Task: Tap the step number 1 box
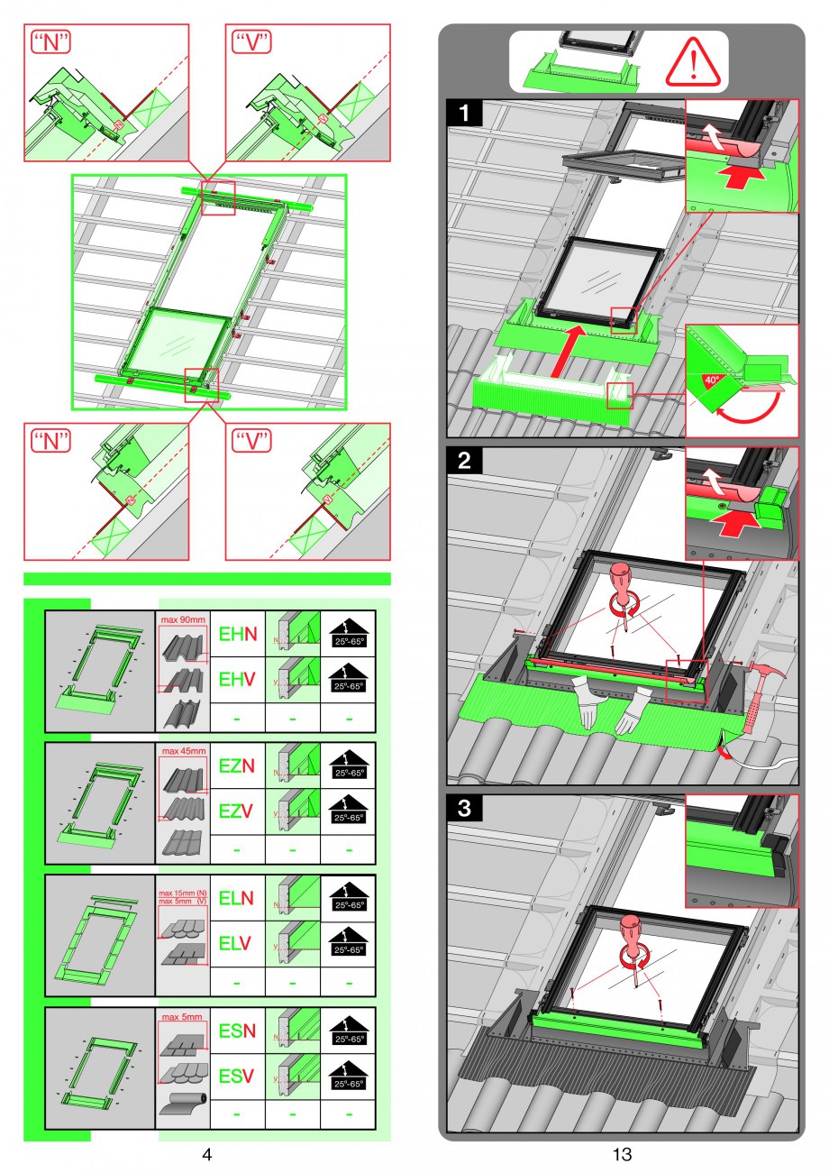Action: pyautogui.click(x=465, y=114)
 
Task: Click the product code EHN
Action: pyautogui.click(x=237, y=635)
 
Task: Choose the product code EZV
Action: pyautogui.click(x=236, y=811)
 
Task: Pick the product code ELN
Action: pyautogui.click(x=237, y=898)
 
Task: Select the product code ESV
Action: pyautogui.click(x=236, y=1077)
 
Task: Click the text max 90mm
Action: pyautogui.click(x=183, y=619)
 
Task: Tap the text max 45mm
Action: pyautogui.click(x=183, y=750)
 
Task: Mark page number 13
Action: pyautogui.click(x=622, y=1154)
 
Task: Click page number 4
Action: pyautogui.click(x=206, y=1154)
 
